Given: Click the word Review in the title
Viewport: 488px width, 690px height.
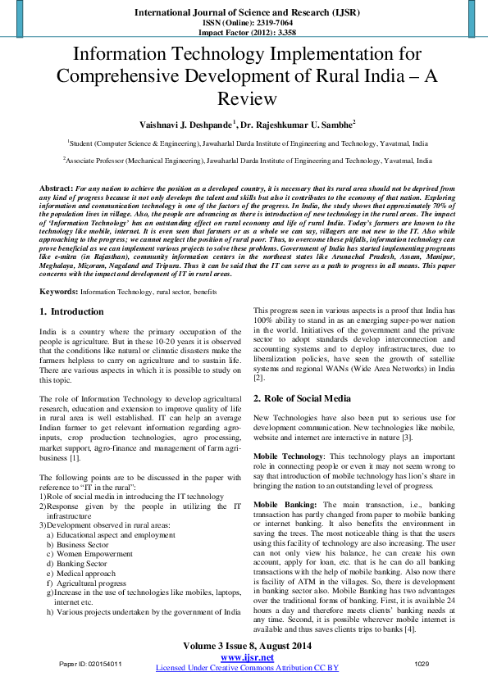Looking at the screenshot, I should pos(244,99).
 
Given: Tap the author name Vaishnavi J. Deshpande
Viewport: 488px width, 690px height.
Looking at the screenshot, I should pos(185,124).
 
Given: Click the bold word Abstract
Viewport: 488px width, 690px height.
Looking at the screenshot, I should pos(56,188).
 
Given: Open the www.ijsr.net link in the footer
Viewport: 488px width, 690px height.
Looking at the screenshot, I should pos(247,657).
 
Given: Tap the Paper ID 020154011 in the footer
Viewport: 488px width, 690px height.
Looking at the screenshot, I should pos(91,663).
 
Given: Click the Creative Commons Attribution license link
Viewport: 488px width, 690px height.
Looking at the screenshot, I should pos(247,668).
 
